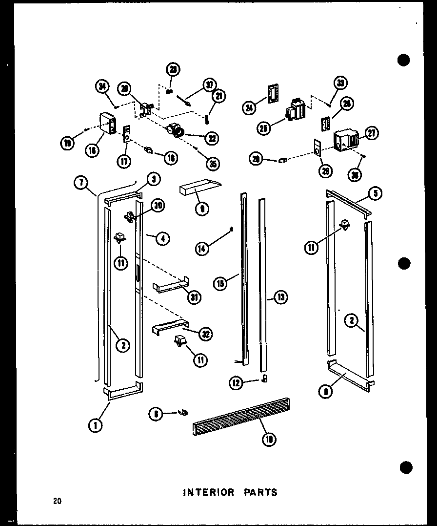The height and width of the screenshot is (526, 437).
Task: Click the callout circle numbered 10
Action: click(x=269, y=439)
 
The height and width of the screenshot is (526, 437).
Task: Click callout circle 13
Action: click(x=281, y=296)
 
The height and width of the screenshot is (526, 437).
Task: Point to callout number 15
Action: click(x=221, y=283)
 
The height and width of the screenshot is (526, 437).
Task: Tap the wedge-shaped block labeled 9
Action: click(x=200, y=188)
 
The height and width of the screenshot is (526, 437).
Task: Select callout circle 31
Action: click(x=195, y=296)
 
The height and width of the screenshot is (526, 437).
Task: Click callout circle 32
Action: click(x=207, y=333)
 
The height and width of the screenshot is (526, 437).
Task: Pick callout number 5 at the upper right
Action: click(x=376, y=193)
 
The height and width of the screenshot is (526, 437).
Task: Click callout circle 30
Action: click(x=157, y=206)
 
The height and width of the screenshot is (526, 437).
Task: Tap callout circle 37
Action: click(x=210, y=84)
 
